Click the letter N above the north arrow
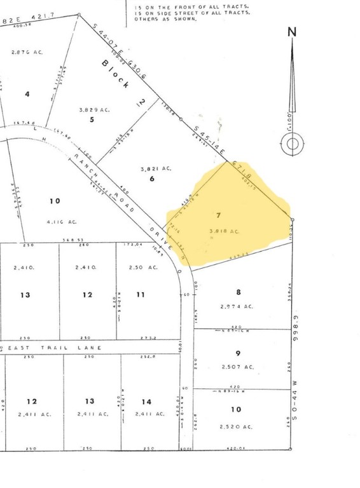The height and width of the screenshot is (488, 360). [292, 32]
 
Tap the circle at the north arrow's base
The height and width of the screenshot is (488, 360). [292, 144]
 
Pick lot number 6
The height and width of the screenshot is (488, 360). [152, 179]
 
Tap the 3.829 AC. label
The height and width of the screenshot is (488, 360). [95, 110]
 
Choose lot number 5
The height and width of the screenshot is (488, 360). [92, 119]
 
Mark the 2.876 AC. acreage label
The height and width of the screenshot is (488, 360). [27, 52]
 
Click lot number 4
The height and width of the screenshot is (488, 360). [27, 94]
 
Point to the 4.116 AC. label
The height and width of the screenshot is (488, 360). [62, 222]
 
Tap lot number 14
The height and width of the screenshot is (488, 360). [147, 401]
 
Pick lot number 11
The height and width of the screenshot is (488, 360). [141, 294]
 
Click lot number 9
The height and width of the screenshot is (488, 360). [238, 353]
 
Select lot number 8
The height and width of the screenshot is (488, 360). [239, 292]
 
